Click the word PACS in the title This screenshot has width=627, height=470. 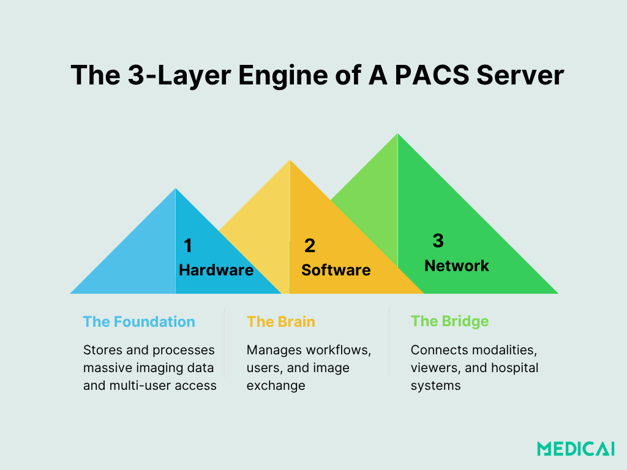423,75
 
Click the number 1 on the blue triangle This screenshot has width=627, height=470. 188,246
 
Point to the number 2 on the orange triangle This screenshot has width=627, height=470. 310,246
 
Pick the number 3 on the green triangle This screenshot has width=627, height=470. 438,241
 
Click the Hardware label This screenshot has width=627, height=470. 216,270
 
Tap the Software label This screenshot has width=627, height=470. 336,270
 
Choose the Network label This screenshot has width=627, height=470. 457,266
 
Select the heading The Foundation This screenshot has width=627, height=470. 139,322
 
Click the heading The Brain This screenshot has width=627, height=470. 281,322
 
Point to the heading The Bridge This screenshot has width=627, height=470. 450,322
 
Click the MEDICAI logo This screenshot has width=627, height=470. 576,449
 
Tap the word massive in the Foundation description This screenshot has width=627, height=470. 107,368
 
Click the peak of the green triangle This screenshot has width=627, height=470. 398,134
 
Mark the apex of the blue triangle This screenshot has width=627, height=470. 176,189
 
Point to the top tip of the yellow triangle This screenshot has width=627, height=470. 290,161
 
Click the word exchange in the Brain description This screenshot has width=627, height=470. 276,386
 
